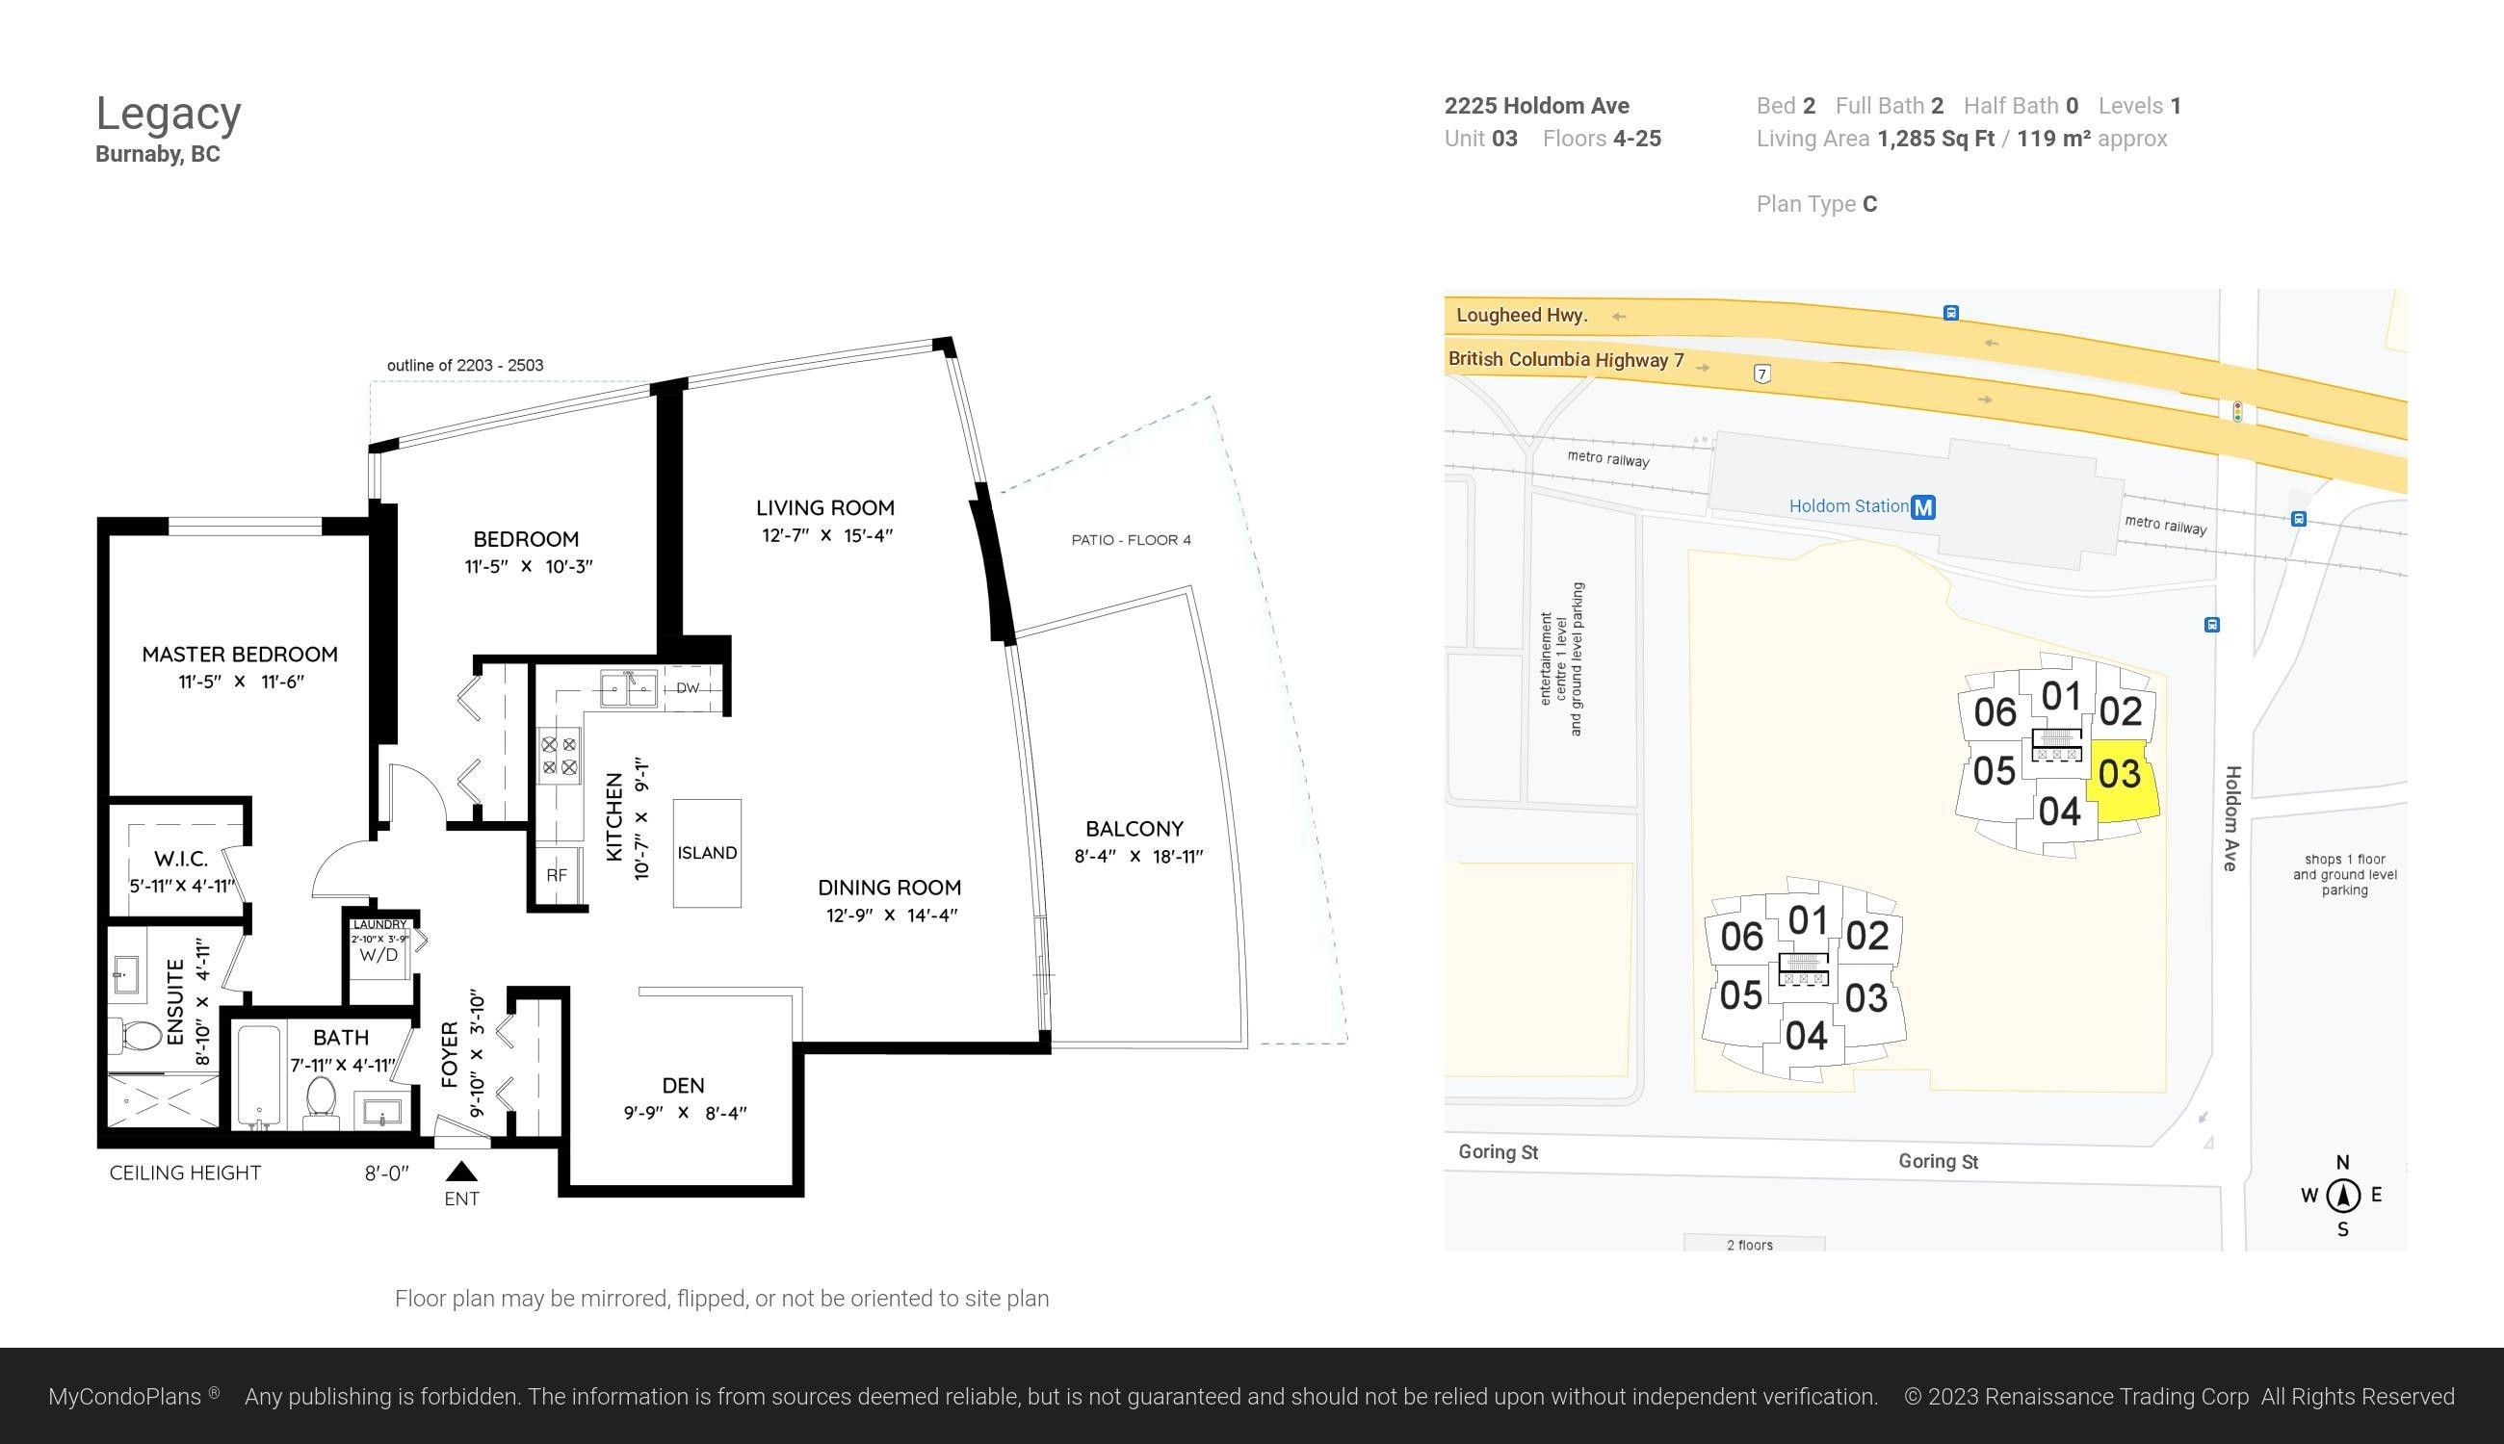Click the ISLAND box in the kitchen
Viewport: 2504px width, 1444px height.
click(707, 853)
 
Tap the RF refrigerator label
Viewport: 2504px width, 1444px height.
click(557, 876)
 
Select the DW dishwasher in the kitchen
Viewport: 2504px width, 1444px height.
click(688, 688)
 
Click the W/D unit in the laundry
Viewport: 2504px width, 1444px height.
click(379, 955)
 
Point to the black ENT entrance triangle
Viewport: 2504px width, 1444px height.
click(462, 1172)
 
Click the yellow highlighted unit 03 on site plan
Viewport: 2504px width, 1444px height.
click(2121, 780)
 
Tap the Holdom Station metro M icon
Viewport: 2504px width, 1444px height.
click(1923, 507)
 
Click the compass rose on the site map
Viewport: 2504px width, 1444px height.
click(2343, 1195)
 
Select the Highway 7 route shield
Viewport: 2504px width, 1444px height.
click(1761, 374)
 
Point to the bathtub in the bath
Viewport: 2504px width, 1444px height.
click(259, 1076)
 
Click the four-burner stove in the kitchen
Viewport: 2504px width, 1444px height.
click(559, 756)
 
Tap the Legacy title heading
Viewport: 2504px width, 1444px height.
click(169, 114)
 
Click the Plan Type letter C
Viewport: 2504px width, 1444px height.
click(1870, 204)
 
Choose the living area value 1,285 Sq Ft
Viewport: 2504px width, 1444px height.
click(1936, 139)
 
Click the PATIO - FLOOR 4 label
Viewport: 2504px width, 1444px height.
click(1131, 540)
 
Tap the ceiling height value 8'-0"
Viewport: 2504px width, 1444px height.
click(387, 1173)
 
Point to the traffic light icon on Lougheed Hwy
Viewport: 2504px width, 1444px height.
click(2237, 412)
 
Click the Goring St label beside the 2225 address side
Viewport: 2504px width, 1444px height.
click(1939, 1161)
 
